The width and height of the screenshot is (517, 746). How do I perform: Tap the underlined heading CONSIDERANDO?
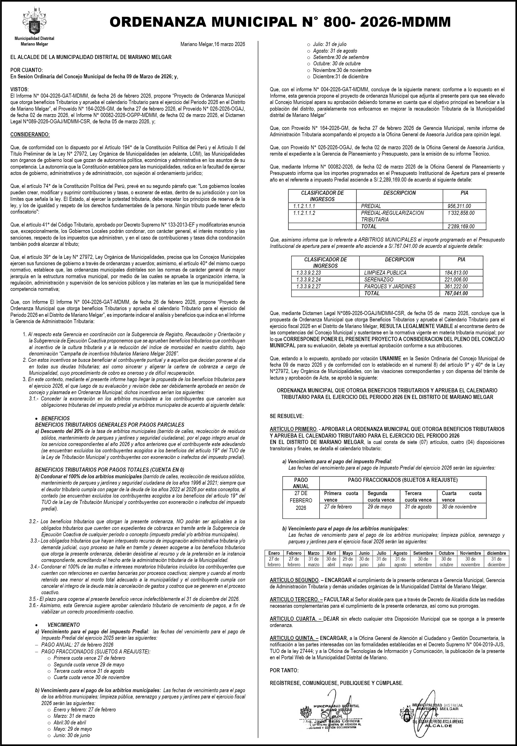tap(30, 134)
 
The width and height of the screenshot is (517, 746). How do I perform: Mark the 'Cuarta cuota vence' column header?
tap(461, 497)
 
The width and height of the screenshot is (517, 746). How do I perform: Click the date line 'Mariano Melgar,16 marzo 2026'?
tap(212, 44)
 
